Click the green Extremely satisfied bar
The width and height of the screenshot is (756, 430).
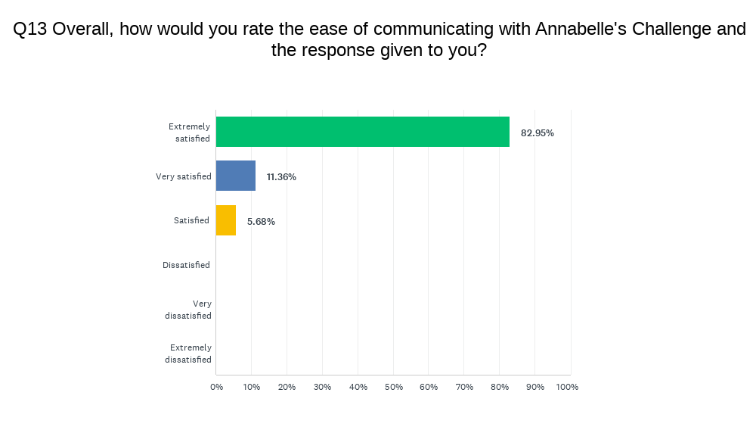click(x=363, y=132)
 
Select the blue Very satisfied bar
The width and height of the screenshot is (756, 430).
click(x=236, y=176)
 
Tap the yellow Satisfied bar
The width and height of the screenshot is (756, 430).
click(x=226, y=220)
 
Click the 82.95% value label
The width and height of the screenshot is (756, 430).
click(x=538, y=133)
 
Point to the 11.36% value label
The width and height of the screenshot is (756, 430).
click(x=281, y=177)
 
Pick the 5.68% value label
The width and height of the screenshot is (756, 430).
click(x=260, y=222)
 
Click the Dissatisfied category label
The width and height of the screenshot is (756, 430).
click(x=186, y=266)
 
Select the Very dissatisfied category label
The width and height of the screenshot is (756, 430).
click(x=188, y=310)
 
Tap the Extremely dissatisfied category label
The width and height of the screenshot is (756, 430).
click(x=188, y=354)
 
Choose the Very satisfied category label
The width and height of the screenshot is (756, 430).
click(x=184, y=177)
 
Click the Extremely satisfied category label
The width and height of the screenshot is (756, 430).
click(x=189, y=132)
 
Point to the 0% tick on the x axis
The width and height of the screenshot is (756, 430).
click(x=216, y=387)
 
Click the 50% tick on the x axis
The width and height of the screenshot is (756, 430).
click(x=393, y=387)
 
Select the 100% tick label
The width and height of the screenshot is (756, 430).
click(x=567, y=387)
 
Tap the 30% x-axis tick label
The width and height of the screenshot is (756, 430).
click(x=323, y=387)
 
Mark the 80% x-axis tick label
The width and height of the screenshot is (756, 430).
click(x=500, y=387)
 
